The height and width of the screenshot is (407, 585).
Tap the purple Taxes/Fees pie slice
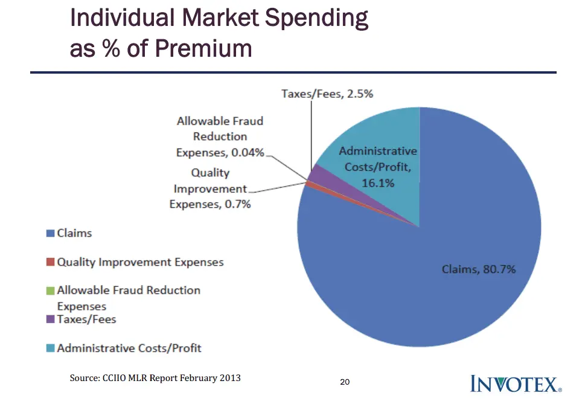[x=318, y=176]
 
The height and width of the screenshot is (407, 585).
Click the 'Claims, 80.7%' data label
[x=479, y=269]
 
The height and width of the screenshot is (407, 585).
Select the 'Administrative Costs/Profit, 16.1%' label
[x=378, y=167]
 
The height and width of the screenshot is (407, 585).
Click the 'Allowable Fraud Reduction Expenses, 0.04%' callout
[x=220, y=137]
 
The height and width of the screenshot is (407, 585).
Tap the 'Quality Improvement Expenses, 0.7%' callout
[x=210, y=188]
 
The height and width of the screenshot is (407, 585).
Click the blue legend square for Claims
[x=50, y=233]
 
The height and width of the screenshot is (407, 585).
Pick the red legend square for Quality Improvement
[x=50, y=263]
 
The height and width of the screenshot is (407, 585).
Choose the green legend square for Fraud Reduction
[x=50, y=290]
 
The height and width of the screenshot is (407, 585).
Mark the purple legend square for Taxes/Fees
[x=50, y=319]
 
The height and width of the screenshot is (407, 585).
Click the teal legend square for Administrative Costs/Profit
[x=50, y=348]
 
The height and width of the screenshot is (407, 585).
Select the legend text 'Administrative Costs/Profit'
[x=129, y=348]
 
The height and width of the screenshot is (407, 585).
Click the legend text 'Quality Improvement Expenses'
[x=140, y=263]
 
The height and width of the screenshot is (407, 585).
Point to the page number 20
[x=345, y=382]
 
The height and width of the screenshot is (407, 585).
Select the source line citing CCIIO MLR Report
[x=155, y=378]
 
